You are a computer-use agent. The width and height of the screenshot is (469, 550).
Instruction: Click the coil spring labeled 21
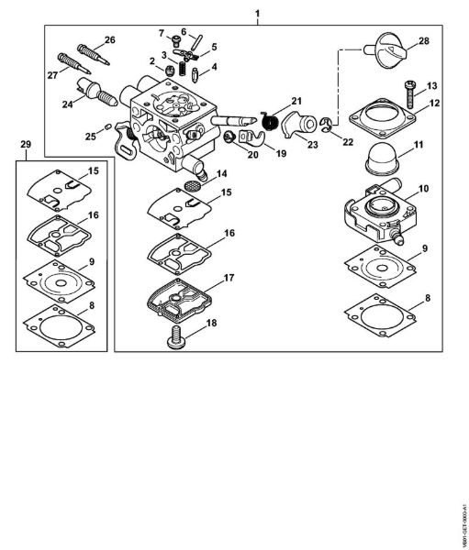tap(270, 119)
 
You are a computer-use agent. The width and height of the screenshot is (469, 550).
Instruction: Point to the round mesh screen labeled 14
tap(193, 183)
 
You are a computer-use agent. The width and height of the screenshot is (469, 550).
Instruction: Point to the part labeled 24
tap(94, 92)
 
